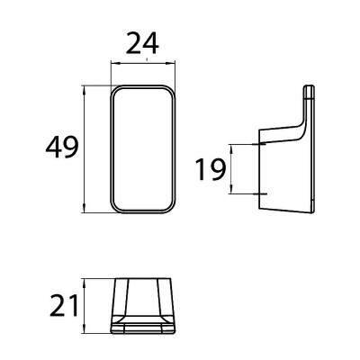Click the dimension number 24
(142, 43)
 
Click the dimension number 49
(62, 147)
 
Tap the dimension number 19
(210, 170)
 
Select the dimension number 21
(64, 306)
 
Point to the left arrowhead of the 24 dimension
(115, 63)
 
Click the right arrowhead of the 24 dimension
(171, 63)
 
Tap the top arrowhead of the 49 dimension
(85, 90)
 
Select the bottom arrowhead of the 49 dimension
(85, 208)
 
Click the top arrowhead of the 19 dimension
(231, 149)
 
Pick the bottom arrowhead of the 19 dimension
(231, 189)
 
